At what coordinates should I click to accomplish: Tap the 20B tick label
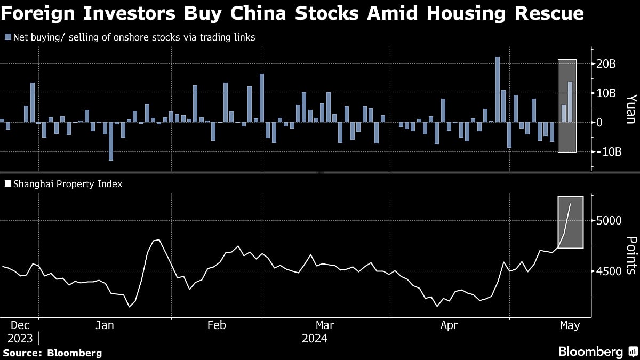coord(606,64)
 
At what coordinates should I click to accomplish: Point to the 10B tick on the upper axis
coord(606,93)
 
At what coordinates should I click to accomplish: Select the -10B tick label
coord(609,152)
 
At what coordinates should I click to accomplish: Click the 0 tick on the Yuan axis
coord(599,122)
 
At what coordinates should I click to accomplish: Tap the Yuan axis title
coord(631,109)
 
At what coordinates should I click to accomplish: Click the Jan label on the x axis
coord(105,325)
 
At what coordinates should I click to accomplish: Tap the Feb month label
coord(217,325)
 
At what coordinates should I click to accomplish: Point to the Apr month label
coord(449,325)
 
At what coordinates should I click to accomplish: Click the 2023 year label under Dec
coord(20,339)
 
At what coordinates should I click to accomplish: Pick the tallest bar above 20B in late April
coord(497,89)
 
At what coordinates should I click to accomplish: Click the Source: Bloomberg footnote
coord(52,353)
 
